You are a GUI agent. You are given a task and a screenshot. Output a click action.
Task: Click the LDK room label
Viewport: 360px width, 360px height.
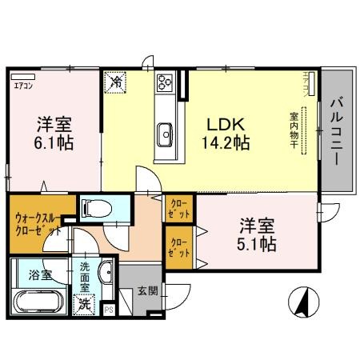click(226, 125)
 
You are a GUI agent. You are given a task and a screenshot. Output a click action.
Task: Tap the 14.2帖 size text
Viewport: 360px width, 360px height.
click(226, 145)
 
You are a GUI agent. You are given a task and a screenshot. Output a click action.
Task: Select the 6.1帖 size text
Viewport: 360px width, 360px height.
click(54, 145)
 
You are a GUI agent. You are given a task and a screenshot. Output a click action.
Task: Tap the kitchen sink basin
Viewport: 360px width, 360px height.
click(167, 131)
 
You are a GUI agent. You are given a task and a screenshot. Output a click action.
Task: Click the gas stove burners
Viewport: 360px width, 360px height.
click(166, 82)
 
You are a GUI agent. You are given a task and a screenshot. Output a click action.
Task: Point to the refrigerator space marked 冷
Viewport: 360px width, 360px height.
click(116, 82)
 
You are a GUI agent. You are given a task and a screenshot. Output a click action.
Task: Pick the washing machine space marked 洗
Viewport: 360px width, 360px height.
click(83, 303)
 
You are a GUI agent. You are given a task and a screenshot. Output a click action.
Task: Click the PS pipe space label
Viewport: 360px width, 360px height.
click(109, 308)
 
